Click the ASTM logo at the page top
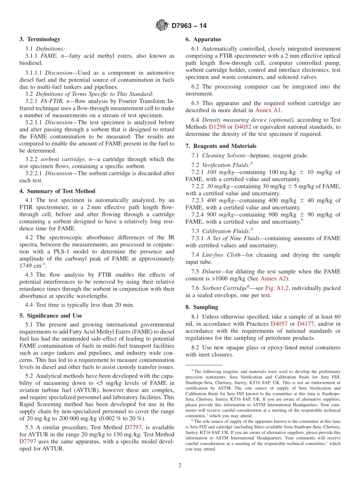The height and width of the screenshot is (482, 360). (162, 26)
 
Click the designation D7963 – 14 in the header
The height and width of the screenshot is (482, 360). (189, 26)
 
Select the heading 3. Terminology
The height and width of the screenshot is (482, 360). (40, 39)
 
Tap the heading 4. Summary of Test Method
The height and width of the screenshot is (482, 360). (57, 191)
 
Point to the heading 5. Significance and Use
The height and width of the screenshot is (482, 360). (51, 316)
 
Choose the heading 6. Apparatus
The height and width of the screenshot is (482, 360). (203, 39)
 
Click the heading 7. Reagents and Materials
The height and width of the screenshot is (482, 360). (221, 146)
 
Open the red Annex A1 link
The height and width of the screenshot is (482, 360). (268, 111)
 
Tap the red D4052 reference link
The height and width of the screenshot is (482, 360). (243, 127)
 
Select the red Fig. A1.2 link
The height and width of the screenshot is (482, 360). (276, 288)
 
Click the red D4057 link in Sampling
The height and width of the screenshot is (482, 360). (279, 324)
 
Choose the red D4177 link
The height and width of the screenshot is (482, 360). (307, 324)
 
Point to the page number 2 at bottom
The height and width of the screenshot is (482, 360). (180, 466)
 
